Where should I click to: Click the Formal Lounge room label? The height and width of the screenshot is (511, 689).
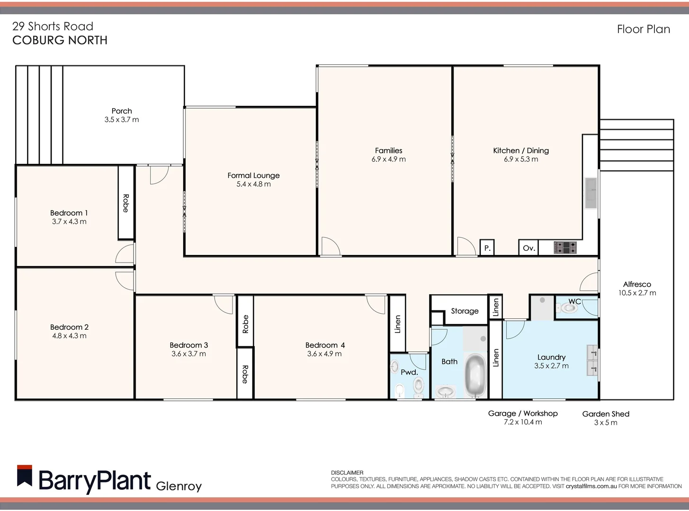[253, 176]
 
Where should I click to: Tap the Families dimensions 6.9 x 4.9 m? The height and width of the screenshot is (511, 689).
[388, 159]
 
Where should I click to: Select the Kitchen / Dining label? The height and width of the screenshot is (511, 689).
[521, 150]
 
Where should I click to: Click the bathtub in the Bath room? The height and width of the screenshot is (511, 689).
[475, 377]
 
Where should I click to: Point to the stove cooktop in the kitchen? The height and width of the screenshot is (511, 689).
[565, 247]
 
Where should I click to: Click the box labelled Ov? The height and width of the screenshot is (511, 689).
[529, 248]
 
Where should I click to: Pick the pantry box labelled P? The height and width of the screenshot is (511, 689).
[487, 248]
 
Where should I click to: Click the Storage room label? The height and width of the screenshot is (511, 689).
[465, 311]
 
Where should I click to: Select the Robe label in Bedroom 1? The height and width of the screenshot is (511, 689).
[126, 203]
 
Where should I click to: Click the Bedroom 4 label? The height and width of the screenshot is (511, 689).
[325, 345]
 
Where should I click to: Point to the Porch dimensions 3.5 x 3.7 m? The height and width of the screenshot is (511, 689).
[122, 120]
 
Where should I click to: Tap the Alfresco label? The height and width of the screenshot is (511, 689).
[637, 284]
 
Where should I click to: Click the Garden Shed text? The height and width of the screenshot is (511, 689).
[606, 414]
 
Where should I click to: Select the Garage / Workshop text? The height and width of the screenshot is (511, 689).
[523, 413]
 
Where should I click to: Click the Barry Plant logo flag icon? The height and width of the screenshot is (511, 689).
[25, 476]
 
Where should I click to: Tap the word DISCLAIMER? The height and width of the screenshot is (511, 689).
[347, 473]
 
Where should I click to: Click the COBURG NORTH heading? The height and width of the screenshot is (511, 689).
[60, 41]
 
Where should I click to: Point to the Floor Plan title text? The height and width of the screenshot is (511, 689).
[643, 29]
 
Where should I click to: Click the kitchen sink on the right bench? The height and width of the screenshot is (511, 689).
[591, 193]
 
